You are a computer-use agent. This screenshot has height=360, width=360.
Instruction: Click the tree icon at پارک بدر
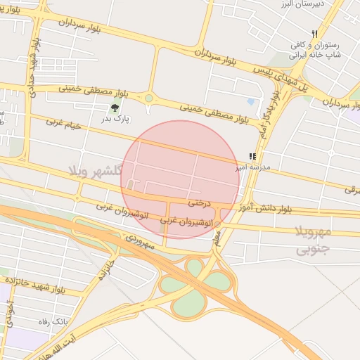114,108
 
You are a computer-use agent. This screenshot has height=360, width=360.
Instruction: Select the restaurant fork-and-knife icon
316,33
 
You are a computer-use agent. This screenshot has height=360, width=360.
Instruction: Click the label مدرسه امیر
252,169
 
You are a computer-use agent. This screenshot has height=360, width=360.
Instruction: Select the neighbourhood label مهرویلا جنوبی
311,240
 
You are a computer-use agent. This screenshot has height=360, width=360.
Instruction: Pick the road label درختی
199,202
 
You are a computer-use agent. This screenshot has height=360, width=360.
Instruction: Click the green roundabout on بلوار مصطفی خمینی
148,98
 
